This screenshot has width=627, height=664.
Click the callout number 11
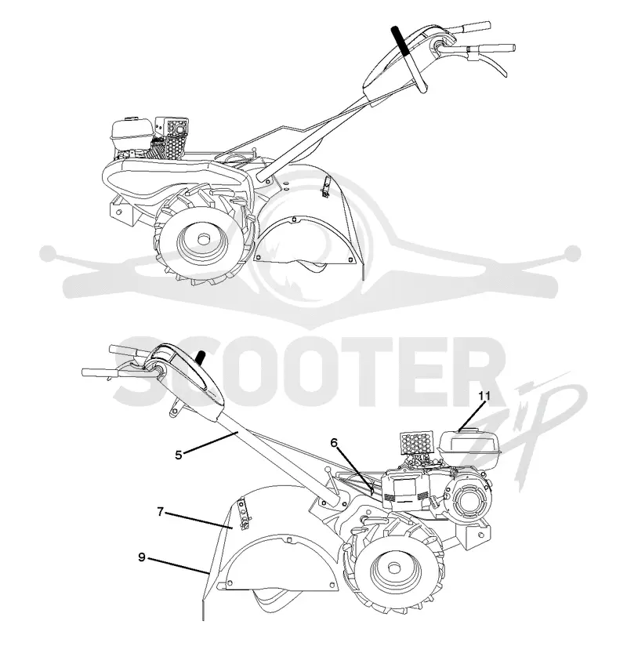tap(484, 396)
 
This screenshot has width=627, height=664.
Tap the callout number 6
tap(334, 443)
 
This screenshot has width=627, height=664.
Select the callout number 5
tap(179, 455)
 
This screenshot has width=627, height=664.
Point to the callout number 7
tap(160, 512)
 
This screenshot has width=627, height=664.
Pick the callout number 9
tap(142, 557)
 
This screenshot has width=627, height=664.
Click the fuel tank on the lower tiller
tap(469, 444)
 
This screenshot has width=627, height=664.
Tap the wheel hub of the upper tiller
tap(205, 239)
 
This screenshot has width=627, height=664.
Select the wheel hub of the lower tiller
tap(393, 567)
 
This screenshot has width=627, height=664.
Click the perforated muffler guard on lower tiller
tap(416, 441)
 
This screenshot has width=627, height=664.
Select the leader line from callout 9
tap(178, 566)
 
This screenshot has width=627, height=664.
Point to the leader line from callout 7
tap(199, 521)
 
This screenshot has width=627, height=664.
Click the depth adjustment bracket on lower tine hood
tap(243, 513)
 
